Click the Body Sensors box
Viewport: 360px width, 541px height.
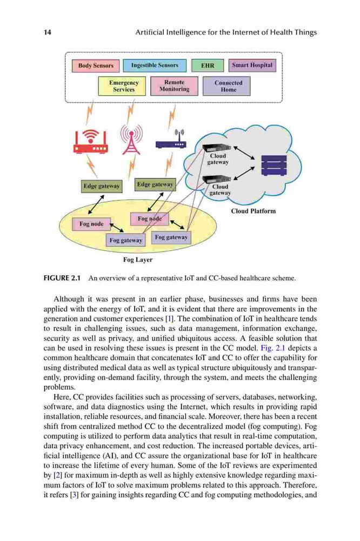point(96,65)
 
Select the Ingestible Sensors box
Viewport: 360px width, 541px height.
point(155,65)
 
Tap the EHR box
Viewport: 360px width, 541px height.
point(208,65)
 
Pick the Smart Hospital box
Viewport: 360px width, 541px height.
point(252,65)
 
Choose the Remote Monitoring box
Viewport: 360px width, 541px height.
point(174,85)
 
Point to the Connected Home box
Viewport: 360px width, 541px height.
point(226,86)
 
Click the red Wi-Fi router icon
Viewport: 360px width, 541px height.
point(91,141)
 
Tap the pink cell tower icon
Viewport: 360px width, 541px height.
point(131,139)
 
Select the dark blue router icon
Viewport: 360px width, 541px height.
point(171,140)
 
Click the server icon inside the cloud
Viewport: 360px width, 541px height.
point(274,165)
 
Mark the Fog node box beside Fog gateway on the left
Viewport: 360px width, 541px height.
point(91,224)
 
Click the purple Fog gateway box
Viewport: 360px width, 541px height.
point(171,237)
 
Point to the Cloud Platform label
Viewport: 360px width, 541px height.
point(254,211)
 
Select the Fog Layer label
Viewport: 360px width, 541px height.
point(138,260)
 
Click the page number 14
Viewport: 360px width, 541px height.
point(47,32)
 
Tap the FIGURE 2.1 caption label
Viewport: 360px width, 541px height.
point(62,278)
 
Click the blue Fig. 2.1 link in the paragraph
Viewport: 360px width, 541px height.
point(273,348)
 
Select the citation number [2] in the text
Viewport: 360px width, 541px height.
point(58,476)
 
